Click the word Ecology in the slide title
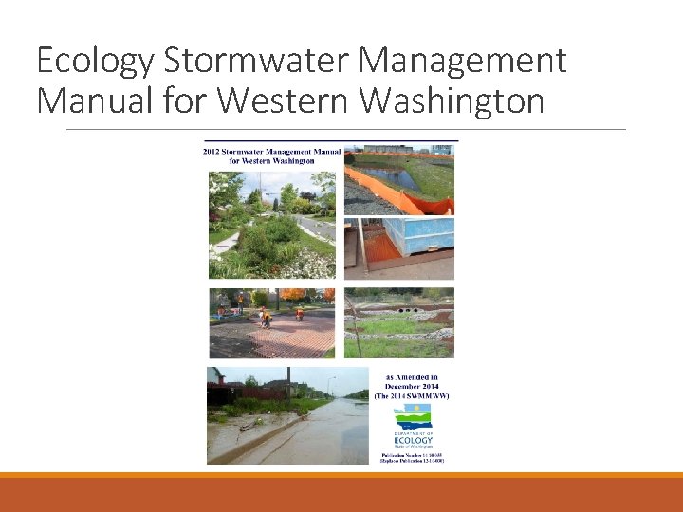click(x=95, y=62)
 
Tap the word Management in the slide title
click(x=462, y=61)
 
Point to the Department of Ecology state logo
click(x=412, y=417)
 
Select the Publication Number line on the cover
click(x=412, y=455)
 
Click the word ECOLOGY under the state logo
click(x=413, y=440)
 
